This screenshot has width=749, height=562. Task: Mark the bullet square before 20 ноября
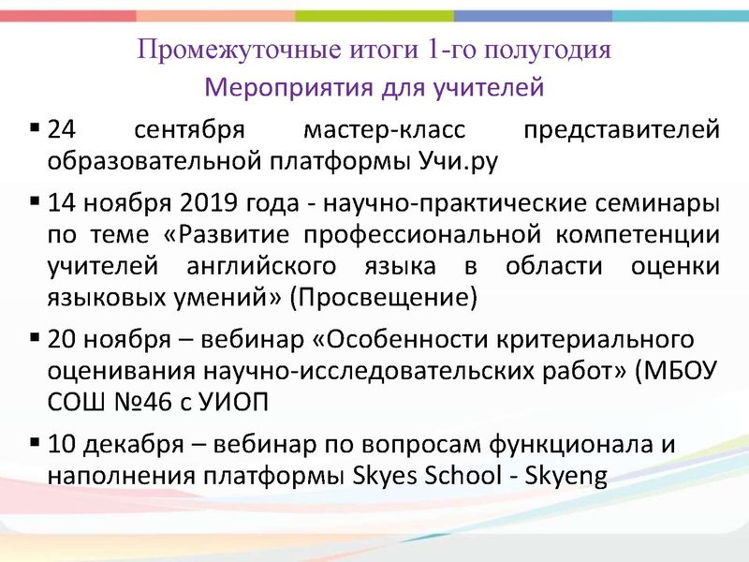pos(35,337)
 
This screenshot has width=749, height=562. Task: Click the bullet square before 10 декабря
pos(35,441)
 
